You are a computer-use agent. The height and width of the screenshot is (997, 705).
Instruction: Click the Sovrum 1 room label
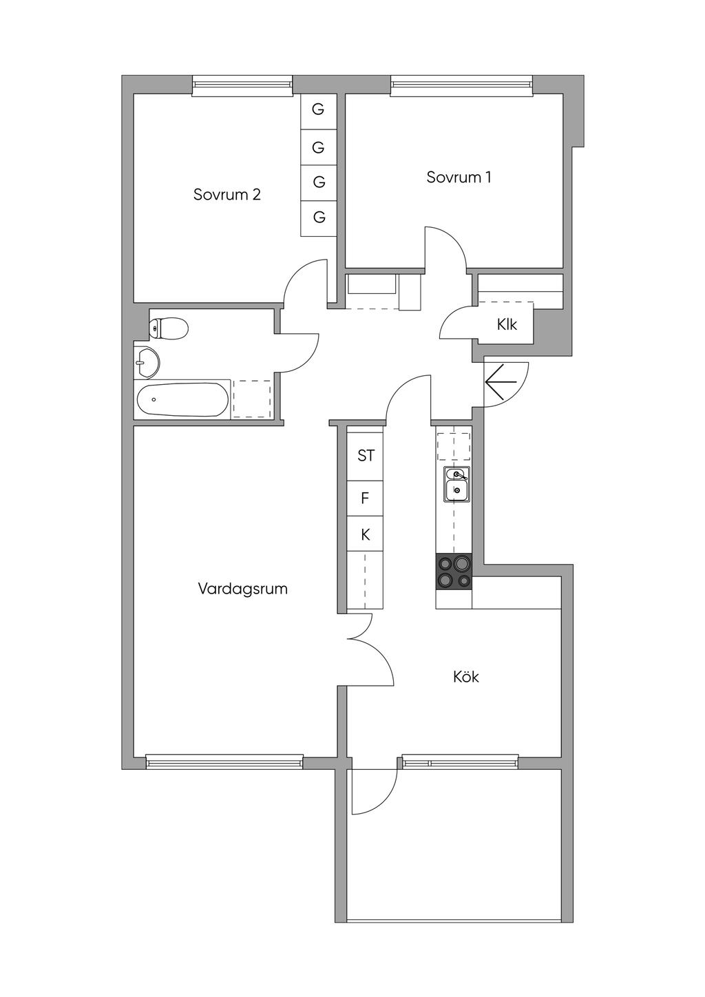(x=459, y=177)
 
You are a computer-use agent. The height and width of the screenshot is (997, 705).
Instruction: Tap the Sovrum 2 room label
(x=227, y=194)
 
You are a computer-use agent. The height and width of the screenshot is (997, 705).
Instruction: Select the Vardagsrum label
(x=242, y=589)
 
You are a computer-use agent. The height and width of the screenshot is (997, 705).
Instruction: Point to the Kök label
(x=466, y=677)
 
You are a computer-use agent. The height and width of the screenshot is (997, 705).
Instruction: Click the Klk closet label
(x=507, y=324)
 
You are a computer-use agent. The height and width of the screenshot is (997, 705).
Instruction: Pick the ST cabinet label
(x=366, y=455)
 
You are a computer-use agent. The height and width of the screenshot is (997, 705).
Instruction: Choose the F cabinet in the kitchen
(x=365, y=498)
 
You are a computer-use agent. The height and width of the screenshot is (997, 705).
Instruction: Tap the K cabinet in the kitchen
(x=365, y=534)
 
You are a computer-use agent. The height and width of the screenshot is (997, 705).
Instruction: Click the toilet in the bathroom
(x=169, y=328)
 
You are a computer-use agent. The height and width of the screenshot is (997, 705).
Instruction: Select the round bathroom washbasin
(x=147, y=361)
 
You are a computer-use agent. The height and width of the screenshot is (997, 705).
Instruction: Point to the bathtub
(x=182, y=399)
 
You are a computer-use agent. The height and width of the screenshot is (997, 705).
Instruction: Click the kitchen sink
(x=455, y=483)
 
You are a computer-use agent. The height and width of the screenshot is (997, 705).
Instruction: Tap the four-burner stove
(x=454, y=572)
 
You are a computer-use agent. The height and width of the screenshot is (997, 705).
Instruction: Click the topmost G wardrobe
(x=318, y=109)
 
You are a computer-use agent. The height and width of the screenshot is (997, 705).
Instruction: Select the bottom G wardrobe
(x=319, y=218)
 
